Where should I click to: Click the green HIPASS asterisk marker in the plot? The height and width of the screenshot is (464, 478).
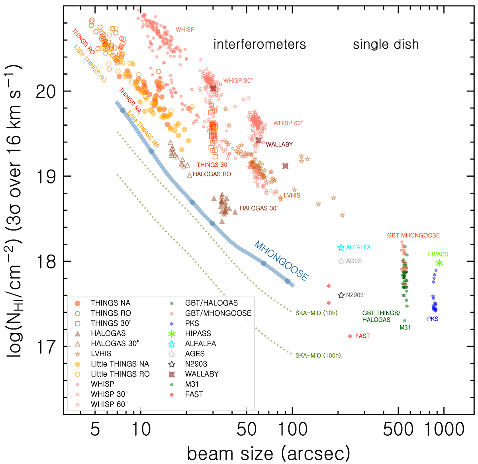439,263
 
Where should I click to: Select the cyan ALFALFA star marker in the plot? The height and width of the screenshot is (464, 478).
341,248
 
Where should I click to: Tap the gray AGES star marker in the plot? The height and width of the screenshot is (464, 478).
341,261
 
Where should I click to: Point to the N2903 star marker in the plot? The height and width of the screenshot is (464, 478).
341,295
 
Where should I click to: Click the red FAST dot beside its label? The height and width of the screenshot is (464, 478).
350,336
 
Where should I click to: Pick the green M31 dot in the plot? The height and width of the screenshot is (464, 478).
405,321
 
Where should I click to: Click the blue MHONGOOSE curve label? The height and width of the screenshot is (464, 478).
281,261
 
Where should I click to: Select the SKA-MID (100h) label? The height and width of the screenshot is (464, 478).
318,355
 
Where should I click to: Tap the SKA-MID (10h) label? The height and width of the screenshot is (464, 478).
316,313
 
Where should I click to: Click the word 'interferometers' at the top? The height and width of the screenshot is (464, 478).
260,44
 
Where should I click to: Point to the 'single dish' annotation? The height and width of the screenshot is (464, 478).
386,44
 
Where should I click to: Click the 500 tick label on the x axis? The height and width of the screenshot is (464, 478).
398,429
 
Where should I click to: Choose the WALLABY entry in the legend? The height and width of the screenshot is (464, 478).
202,374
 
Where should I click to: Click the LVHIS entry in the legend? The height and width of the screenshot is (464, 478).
101,354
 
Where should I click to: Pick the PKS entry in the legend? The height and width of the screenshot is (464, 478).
192,324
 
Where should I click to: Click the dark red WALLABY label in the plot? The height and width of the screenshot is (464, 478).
279,144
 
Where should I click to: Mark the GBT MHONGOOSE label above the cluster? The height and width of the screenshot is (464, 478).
413,235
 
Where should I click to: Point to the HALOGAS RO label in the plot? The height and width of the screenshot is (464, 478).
212,174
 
